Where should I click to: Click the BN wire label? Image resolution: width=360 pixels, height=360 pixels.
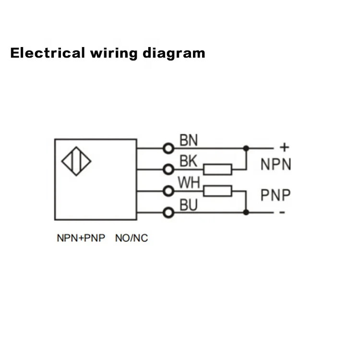[189, 141]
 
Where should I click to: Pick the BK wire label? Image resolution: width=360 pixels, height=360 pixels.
[188, 162]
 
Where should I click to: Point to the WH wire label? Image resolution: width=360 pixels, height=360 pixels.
[189, 183]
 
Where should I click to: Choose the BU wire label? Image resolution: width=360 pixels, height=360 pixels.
[189, 205]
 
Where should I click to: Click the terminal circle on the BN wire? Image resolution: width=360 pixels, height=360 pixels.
[168, 148]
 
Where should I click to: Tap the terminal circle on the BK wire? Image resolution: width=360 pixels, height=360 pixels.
[168, 169]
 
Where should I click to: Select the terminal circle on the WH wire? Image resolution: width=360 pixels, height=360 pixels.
[168, 191]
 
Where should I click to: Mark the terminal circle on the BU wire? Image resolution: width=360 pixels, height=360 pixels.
[168, 212]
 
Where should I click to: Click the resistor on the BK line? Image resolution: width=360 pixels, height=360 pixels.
[217, 169]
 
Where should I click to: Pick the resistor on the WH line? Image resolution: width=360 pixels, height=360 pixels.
[217, 191]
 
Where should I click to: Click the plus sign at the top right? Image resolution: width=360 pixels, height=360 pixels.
[284, 147]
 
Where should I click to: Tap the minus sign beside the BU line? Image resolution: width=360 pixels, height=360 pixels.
[283, 213]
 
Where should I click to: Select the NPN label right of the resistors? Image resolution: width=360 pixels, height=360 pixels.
[276, 165]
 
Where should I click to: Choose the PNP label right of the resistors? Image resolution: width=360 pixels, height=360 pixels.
[276, 195]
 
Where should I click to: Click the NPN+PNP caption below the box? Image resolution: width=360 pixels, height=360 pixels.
[81, 238]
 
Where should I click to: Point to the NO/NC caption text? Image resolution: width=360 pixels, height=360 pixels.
[132, 238]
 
